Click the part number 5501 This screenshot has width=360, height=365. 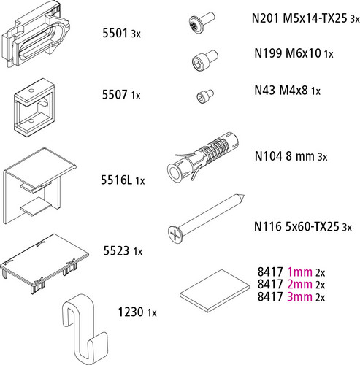point(115,33)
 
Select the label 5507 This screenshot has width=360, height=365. point(115,94)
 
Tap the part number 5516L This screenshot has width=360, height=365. point(116,180)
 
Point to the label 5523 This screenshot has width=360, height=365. point(116,250)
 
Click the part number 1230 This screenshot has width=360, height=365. point(131,312)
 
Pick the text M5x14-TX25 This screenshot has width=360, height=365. point(315,18)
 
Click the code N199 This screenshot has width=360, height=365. point(268,53)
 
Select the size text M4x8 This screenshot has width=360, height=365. point(294,91)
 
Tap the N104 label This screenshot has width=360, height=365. point(269,156)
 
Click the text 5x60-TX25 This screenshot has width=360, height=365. point(312,226)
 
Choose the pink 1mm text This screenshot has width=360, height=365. point(299,272)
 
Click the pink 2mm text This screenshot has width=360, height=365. point(299,284)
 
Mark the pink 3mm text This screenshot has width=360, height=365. point(299,296)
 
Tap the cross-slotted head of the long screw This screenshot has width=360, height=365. point(175,234)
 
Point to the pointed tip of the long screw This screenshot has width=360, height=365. point(244,196)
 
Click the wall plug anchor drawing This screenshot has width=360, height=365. point(202,157)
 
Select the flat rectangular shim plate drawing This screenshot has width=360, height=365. point(215,291)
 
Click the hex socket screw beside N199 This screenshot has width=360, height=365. point(204,60)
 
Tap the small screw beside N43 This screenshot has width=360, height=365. point(205,96)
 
